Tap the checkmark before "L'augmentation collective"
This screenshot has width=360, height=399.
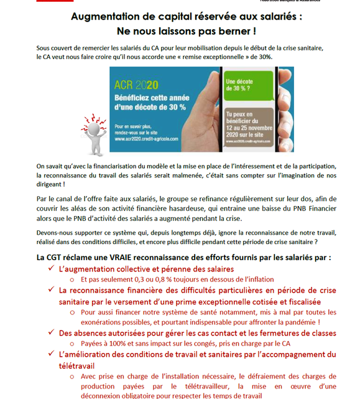[x=50, y=269]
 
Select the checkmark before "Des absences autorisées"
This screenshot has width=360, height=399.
[x=50, y=333]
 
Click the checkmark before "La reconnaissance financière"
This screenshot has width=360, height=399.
[x=50, y=290]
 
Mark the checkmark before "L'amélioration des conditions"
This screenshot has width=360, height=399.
[x=50, y=354]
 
